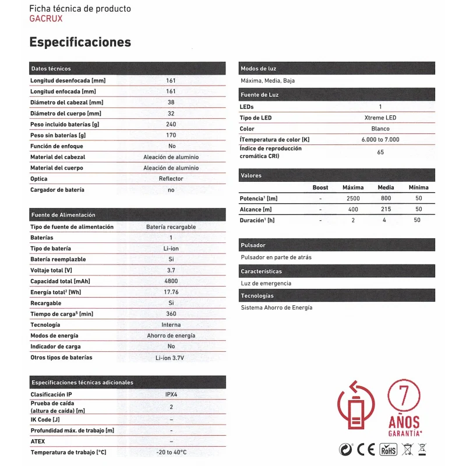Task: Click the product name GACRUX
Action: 45,18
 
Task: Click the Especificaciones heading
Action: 80,42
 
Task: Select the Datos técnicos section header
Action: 51,69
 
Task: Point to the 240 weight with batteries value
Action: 171,124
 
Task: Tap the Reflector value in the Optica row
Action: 171,179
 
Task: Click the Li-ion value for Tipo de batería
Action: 171,249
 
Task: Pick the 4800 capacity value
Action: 171,281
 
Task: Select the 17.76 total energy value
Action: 171,292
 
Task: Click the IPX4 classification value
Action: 171,394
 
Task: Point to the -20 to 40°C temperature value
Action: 171,453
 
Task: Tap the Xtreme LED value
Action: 380,118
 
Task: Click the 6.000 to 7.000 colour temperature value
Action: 380,140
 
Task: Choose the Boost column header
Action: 320,188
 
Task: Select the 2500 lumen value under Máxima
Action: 353,199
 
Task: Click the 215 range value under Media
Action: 386,210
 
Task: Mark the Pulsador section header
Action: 253,245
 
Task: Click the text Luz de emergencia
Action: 266,284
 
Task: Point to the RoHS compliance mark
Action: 389,449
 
